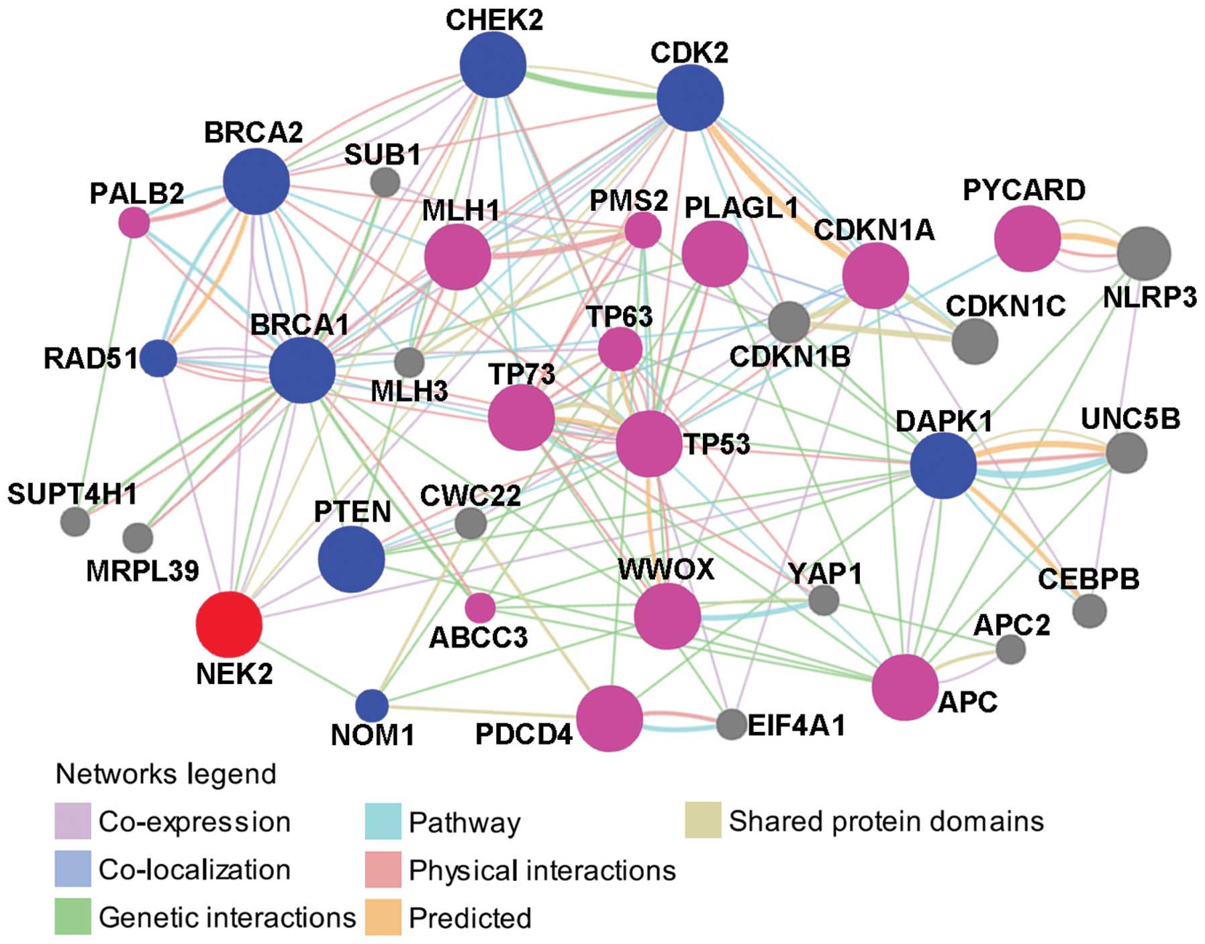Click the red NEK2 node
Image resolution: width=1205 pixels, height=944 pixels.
pyautogui.click(x=229, y=624)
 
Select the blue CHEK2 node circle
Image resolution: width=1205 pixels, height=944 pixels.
pyautogui.click(x=493, y=64)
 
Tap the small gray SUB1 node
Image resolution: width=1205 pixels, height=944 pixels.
pyautogui.click(x=385, y=182)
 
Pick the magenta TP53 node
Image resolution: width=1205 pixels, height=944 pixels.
pyautogui.click(x=648, y=444)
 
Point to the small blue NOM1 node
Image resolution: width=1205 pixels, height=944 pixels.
pyautogui.click(x=371, y=706)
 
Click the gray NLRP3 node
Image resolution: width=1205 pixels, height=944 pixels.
pyautogui.click(x=1144, y=253)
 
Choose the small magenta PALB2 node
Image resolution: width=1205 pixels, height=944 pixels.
pyautogui.click(x=134, y=222)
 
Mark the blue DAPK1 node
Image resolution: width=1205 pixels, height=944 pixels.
pyautogui.click(x=943, y=465)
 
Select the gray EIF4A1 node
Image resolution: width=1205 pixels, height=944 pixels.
pyautogui.click(x=731, y=724)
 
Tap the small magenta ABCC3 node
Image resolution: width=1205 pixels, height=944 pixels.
pyautogui.click(x=480, y=608)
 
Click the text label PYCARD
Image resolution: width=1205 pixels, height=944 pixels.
pyautogui.click(x=1024, y=190)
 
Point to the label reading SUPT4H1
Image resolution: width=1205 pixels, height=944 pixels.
pyautogui.click(x=72, y=494)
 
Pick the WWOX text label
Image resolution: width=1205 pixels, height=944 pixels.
pyautogui.click(x=666, y=569)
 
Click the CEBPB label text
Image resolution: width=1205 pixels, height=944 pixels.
pyautogui.click(x=1088, y=579)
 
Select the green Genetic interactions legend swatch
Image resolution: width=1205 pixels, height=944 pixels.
pyautogui.click(x=73, y=917)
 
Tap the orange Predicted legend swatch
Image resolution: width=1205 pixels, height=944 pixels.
pyautogui.click(x=383, y=917)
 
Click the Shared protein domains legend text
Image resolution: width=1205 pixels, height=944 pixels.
pyautogui.click(x=886, y=821)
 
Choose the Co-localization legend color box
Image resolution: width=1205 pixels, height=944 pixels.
pyautogui.click(x=73, y=869)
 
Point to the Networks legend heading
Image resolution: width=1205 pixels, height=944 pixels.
pyautogui.click(x=166, y=774)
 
